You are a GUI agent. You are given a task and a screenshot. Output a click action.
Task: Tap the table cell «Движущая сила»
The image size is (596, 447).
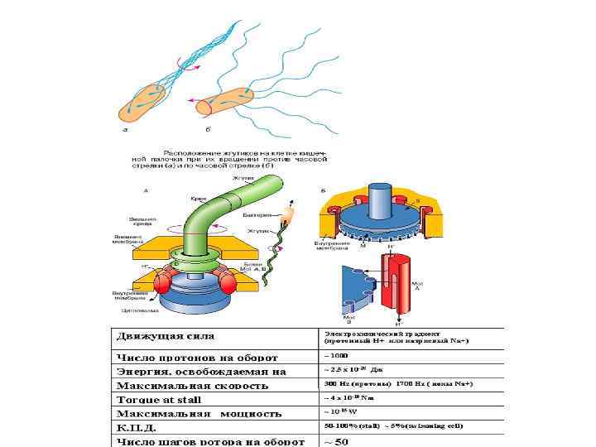pyautogui.click(x=166, y=336)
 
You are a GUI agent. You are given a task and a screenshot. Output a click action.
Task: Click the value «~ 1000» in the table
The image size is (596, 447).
pyautogui.click(x=336, y=354)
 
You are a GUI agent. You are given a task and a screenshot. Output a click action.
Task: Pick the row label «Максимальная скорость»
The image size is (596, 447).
pyautogui.click(x=193, y=386)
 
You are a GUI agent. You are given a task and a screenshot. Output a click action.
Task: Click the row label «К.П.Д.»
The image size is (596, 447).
pyautogui.click(x=137, y=427)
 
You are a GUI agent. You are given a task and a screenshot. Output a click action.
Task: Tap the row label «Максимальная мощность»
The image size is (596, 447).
pyautogui.click(x=199, y=413)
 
